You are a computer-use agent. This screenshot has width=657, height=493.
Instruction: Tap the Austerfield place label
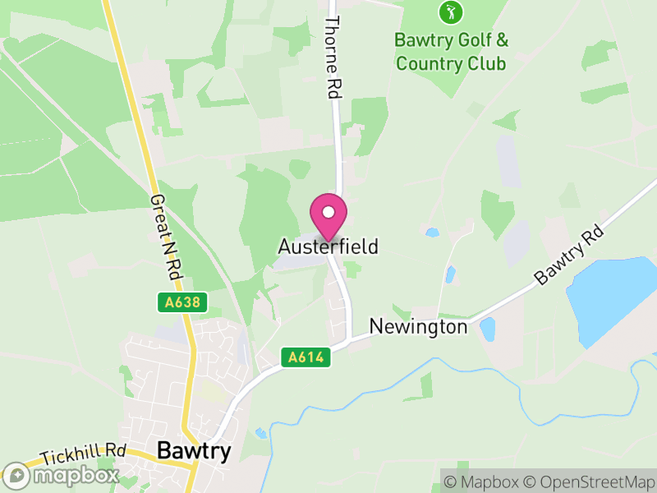pos(328,246)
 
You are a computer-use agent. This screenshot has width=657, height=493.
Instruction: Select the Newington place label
pos(418,326)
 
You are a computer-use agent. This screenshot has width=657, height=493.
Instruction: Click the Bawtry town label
pos(193,451)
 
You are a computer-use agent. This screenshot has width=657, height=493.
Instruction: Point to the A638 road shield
pos(181,302)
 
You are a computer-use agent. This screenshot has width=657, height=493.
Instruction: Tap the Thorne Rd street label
pos(333,58)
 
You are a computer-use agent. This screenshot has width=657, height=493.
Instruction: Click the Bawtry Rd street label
pos(569,256)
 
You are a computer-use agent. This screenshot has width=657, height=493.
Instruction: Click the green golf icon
pos(450,12)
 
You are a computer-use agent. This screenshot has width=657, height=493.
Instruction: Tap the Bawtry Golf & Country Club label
pos(451,51)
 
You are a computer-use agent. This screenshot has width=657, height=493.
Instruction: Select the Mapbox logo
pos(61,475)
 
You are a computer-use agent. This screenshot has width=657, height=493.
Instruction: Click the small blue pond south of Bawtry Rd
pos(487,329)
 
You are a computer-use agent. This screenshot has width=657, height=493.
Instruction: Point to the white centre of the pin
pos(328,211)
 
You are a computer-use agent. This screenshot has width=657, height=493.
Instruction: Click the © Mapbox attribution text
pos(485,481)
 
